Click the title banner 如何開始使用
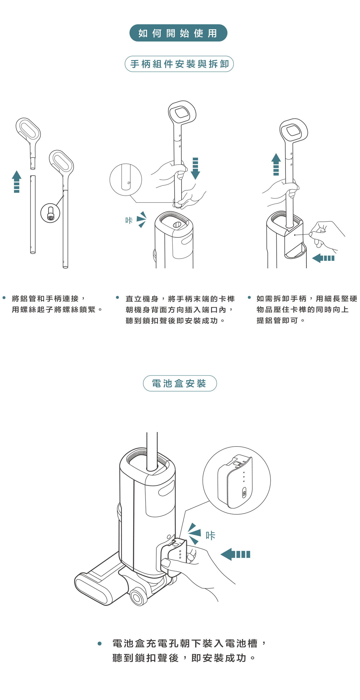pyautogui.click(x=178, y=33)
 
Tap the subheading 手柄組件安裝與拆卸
pyautogui.click(x=179, y=64)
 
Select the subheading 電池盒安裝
pyautogui.click(x=180, y=383)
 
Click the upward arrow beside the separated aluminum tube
pyautogui.click(x=17, y=181)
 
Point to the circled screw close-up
pyautogui.click(x=50, y=213)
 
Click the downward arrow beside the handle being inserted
pyautogui.click(x=195, y=168)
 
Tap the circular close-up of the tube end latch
pyautogui.click(x=126, y=180)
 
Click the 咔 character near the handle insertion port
pyautogui.click(x=129, y=220)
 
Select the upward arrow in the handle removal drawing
pyautogui.click(x=276, y=164)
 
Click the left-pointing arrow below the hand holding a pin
pyautogui.click(x=323, y=258)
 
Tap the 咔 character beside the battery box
pyautogui.click(x=210, y=536)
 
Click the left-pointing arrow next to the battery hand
pyautogui.click(x=235, y=554)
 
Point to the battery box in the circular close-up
pyautogui.click(x=235, y=481)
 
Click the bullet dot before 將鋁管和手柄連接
pyautogui.click(x=4, y=298)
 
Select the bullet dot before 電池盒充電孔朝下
pyautogui.click(x=99, y=643)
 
